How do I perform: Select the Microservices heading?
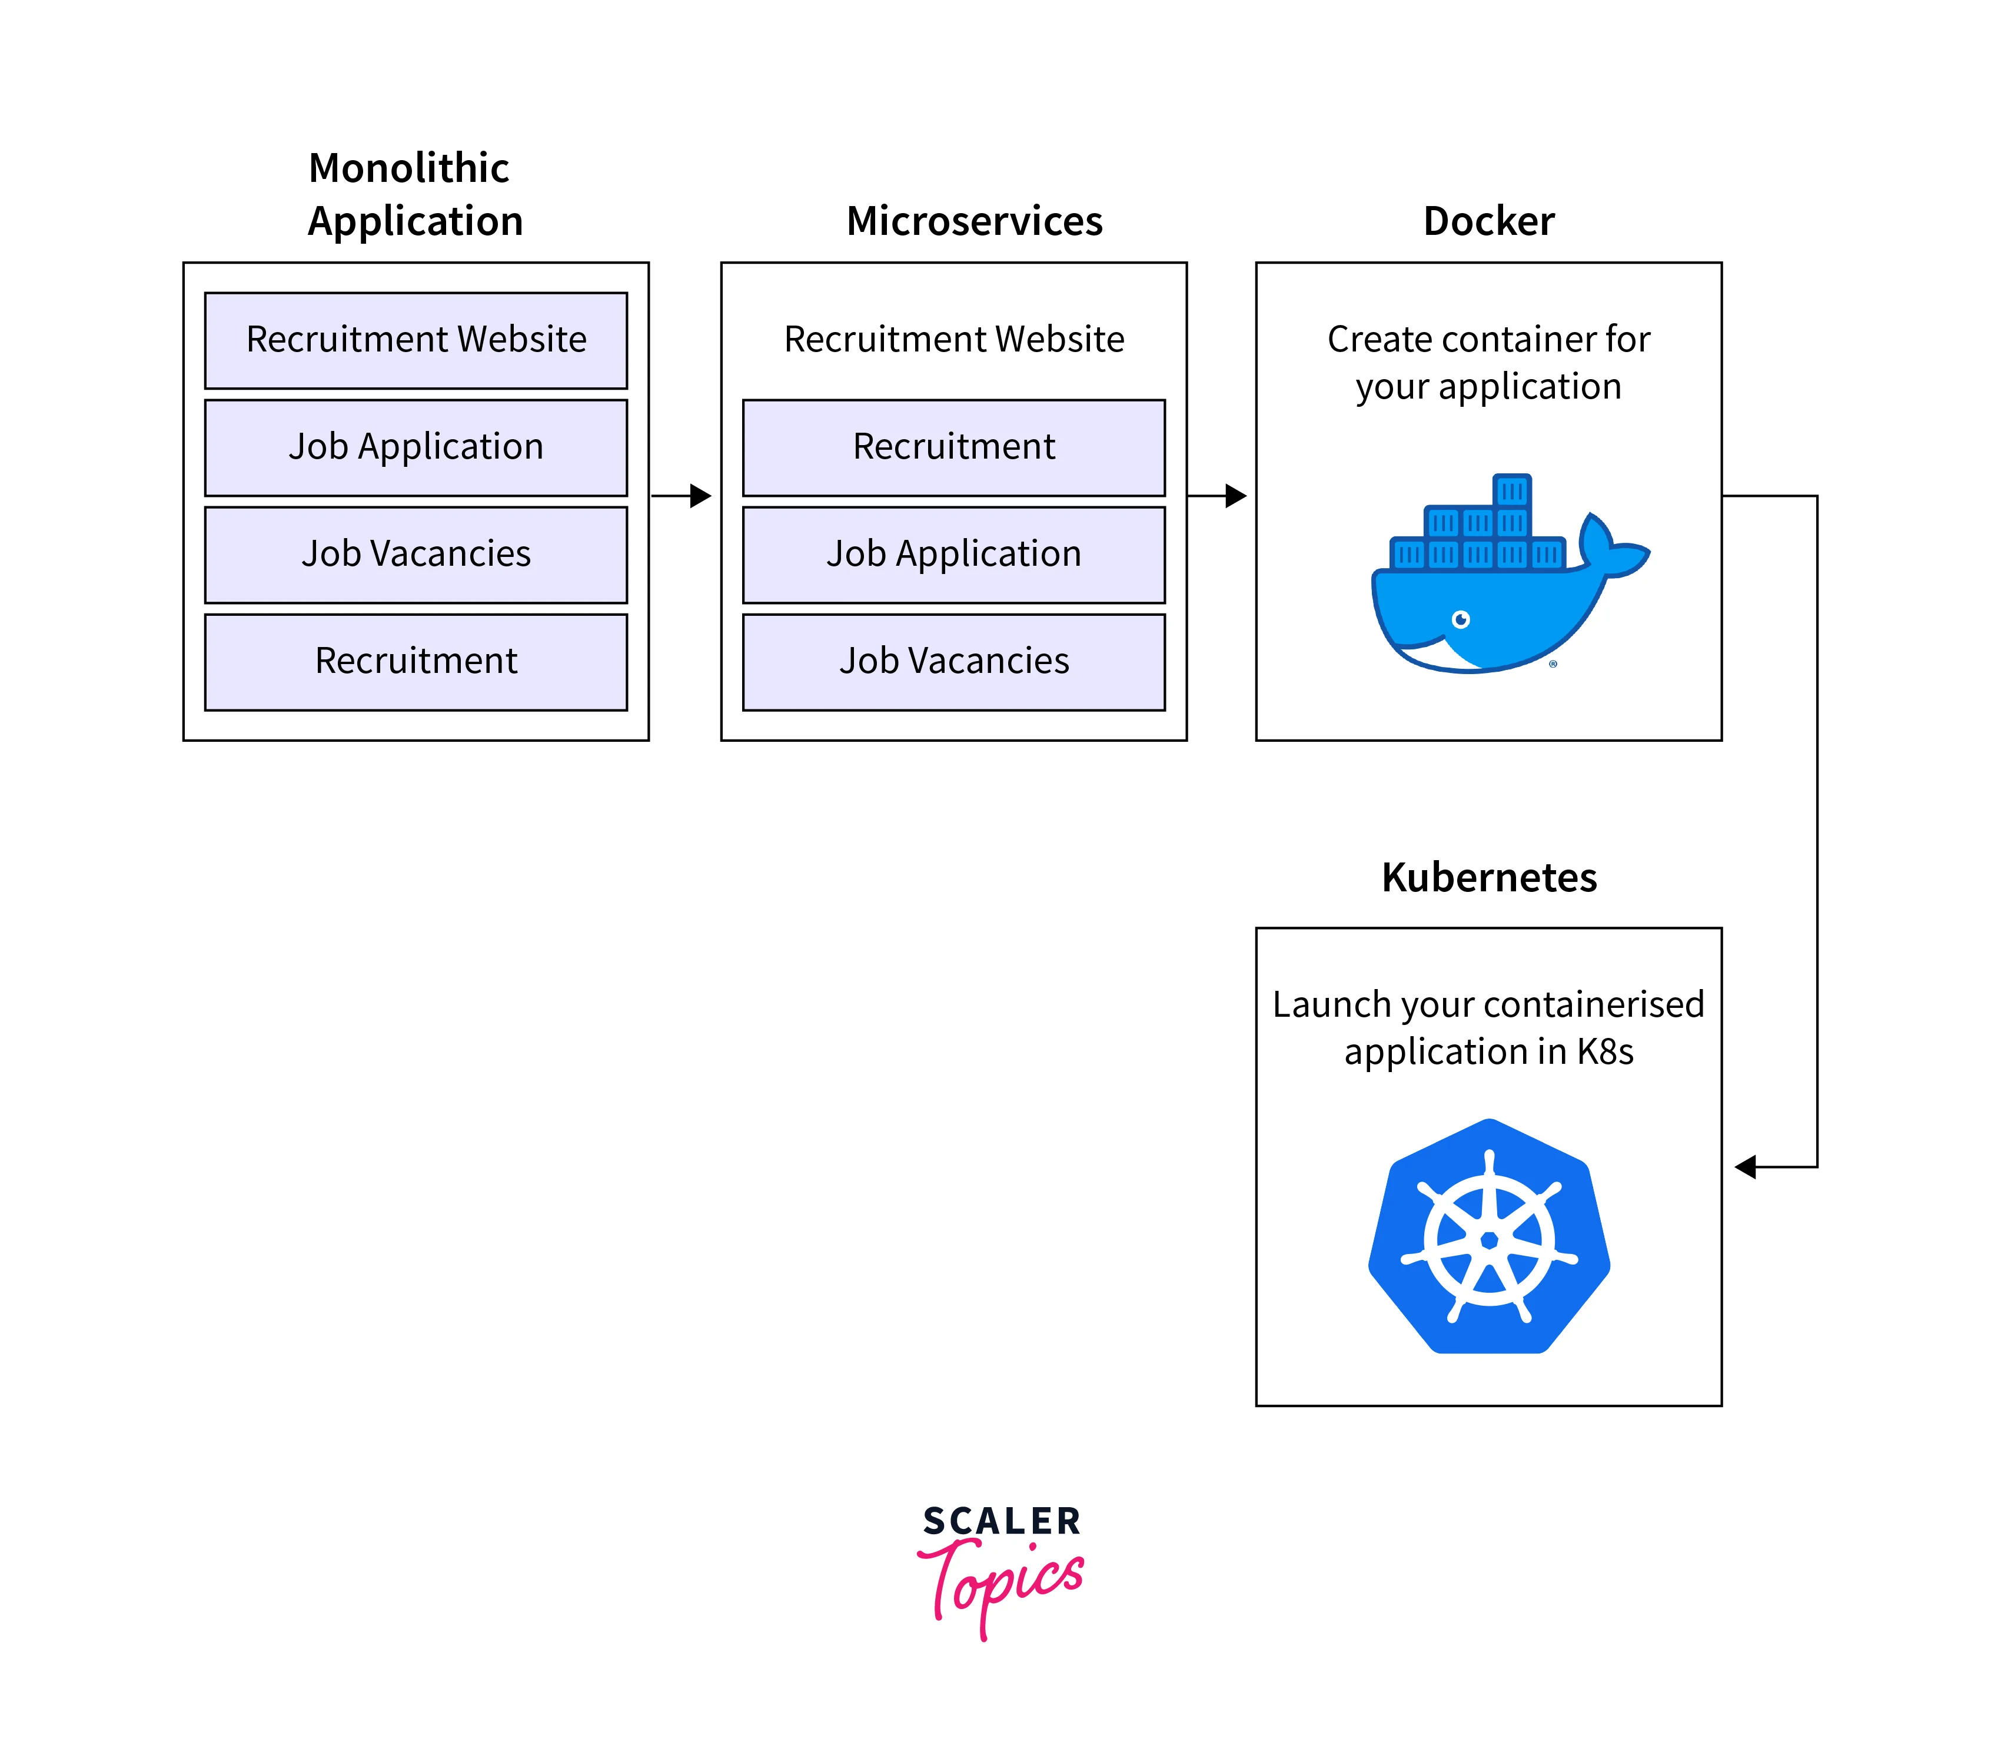coord(974,221)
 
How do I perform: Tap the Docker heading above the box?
coord(1488,221)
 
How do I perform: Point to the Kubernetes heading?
coord(1488,877)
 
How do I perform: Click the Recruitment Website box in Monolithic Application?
coord(416,340)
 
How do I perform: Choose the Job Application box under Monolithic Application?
coord(416,447)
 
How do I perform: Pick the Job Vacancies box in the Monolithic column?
coord(416,555)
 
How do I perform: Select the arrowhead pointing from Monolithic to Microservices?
coord(700,496)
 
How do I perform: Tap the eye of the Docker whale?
coord(1461,619)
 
